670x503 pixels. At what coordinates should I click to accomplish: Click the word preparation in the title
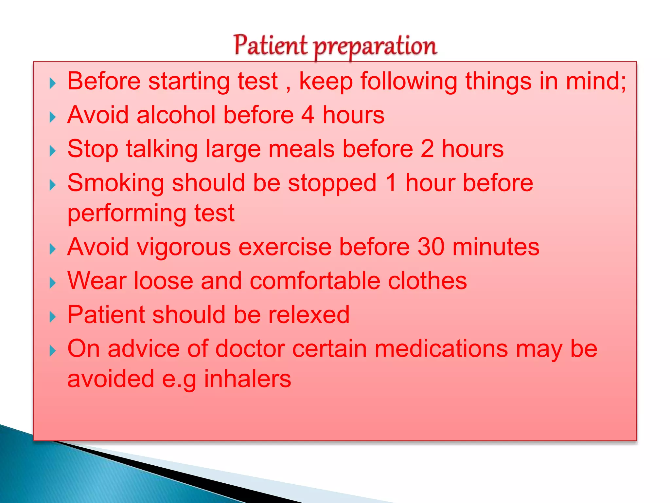pos(375,47)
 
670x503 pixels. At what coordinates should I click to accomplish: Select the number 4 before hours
pos(308,115)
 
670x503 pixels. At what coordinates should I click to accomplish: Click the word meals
pos(301,149)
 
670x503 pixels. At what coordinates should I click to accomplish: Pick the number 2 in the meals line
pos(427,149)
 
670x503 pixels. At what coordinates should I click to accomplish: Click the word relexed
pos(309,315)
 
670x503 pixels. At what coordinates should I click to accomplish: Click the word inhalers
pos(247,379)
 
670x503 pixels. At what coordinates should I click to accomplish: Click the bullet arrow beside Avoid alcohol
pos(52,117)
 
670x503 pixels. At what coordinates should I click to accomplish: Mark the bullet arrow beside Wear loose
pos(52,283)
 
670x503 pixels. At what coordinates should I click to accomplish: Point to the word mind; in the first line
pos(596,81)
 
